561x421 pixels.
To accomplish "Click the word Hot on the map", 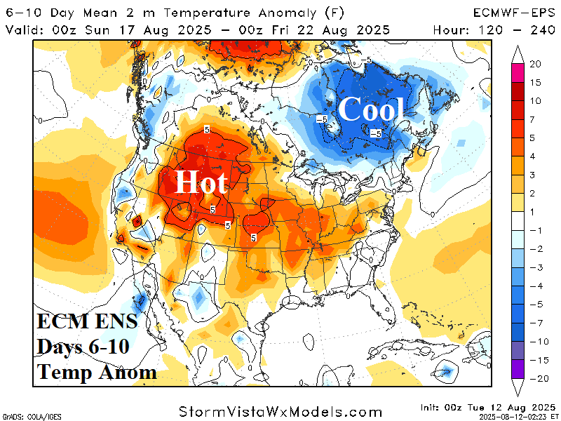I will [x=201, y=182].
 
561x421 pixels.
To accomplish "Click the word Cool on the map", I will [x=372, y=110].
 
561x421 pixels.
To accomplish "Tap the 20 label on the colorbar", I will [x=536, y=64].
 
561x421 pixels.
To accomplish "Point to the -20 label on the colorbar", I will [x=536, y=378].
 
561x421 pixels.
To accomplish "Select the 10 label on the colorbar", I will [x=536, y=100].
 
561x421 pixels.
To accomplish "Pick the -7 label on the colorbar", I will [x=536, y=323].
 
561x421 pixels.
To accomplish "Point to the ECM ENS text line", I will [x=87, y=324].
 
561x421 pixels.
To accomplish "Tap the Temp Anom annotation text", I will [x=97, y=371].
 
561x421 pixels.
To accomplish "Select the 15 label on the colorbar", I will [x=536, y=82].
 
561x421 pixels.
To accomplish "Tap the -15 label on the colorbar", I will [x=536, y=360].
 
